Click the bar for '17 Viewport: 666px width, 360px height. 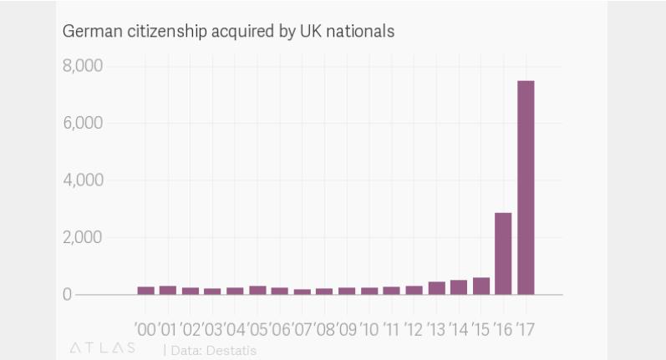(x=526, y=188)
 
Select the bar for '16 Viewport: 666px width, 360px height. (x=503, y=254)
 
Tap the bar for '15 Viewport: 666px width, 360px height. (x=480, y=286)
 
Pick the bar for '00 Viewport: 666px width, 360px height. (x=146, y=290)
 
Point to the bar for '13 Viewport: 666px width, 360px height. (x=436, y=288)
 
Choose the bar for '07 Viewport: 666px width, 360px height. (x=302, y=292)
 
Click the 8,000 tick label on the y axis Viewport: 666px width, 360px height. (x=82, y=66)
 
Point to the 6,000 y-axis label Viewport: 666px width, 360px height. (x=82, y=124)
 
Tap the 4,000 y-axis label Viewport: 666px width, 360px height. (x=82, y=180)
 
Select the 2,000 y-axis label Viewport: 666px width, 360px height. (x=82, y=238)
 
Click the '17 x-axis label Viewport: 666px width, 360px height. (x=525, y=328)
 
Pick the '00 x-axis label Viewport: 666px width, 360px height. (x=145, y=328)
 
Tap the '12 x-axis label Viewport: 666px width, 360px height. (x=414, y=328)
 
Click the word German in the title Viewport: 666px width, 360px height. (x=88, y=32)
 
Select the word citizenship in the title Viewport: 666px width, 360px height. (x=155, y=32)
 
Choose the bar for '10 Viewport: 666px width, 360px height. (x=369, y=291)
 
